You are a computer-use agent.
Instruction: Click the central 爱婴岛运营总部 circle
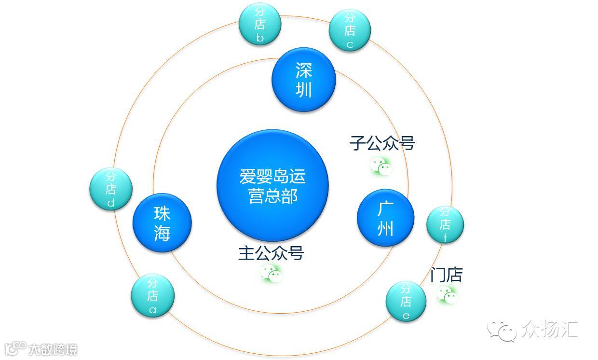[272, 186]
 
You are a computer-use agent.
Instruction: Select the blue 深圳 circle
[303, 80]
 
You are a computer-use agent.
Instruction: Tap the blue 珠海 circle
[162, 222]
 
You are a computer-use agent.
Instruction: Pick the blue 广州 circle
[385, 218]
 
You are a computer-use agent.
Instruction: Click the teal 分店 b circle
[260, 24]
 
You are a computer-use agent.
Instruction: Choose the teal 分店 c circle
[350, 30]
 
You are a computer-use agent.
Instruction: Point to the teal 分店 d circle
[111, 189]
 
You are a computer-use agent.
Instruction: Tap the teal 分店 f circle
[445, 224]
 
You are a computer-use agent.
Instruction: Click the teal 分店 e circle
[406, 302]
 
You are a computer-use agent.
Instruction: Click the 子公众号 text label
[382, 143]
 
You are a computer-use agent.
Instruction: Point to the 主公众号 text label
[271, 253]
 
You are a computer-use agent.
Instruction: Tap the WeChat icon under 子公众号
[381, 166]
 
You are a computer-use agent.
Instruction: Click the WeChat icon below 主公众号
[271, 274]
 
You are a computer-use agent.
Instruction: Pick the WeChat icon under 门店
[447, 294]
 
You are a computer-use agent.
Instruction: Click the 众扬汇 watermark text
[549, 330]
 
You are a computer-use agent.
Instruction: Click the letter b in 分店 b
[260, 38]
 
